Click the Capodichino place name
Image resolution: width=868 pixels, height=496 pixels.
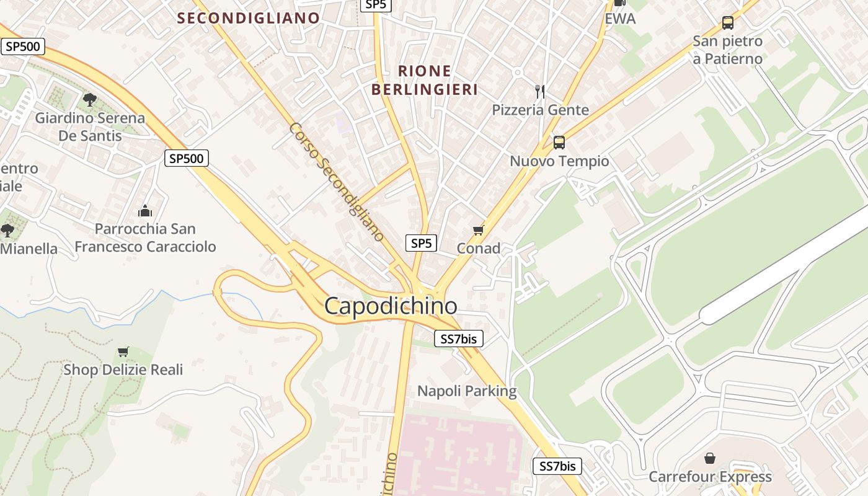click(x=391, y=306)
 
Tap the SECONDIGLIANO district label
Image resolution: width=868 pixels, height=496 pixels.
click(x=248, y=18)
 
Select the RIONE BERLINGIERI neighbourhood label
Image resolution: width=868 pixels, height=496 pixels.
click(x=425, y=80)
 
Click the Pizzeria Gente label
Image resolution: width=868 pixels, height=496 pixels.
click(x=540, y=110)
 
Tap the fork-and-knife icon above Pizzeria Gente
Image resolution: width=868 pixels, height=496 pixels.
click(x=540, y=92)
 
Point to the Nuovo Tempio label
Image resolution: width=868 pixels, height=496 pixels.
click(x=559, y=161)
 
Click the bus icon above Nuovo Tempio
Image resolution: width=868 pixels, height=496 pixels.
click(x=559, y=143)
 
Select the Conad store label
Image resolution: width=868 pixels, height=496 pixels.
click(x=478, y=248)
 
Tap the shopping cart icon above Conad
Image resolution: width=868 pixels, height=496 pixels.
click(x=478, y=231)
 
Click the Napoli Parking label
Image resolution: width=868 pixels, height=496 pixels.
click(x=467, y=391)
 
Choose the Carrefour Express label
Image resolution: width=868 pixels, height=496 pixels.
click(x=710, y=476)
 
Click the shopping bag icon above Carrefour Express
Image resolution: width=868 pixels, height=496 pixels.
click(x=710, y=459)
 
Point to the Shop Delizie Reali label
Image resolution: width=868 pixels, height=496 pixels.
click(x=123, y=370)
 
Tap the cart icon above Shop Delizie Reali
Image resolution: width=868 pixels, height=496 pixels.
click(x=123, y=352)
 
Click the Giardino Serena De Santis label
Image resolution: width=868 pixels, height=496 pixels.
click(x=90, y=126)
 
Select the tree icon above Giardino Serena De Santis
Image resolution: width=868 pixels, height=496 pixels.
click(x=90, y=99)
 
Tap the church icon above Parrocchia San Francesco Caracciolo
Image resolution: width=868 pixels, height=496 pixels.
click(x=145, y=211)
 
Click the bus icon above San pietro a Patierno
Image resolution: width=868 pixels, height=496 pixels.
click(x=728, y=23)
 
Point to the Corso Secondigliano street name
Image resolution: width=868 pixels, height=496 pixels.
click(x=337, y=181)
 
